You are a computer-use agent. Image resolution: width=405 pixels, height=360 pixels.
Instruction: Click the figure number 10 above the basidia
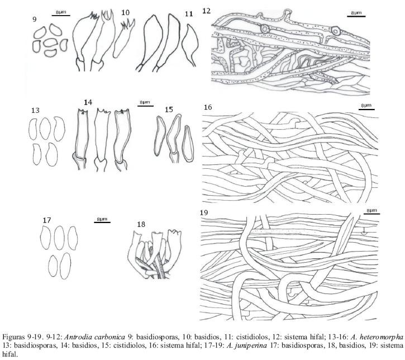click(x=125, y=12)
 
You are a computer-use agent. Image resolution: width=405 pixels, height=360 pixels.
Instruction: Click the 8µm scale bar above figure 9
click(x=61, y=15)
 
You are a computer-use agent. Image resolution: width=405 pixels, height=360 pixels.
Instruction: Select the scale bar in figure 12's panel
click(x=353, y=15)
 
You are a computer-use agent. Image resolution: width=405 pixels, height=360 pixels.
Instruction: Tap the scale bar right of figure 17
click(x=102, y=222)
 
